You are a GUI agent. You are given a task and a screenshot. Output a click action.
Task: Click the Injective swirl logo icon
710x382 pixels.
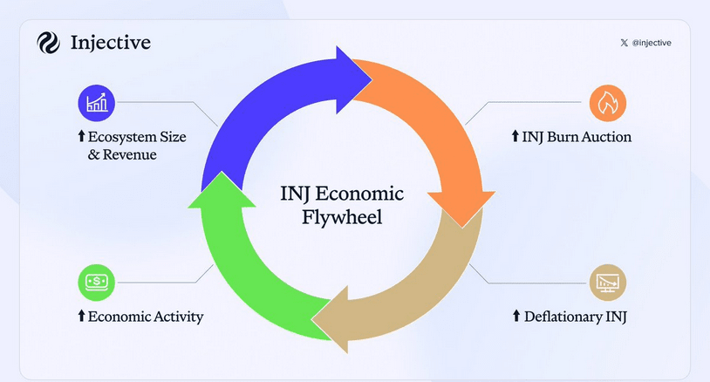click(x=47, y=43)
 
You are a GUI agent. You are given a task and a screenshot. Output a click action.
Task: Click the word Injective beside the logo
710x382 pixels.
click(x=111, y=43)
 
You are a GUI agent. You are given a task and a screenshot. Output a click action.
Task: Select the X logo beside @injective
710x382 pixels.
click(x=623, y=43)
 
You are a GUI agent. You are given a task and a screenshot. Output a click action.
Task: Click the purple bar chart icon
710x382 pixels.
click(x=96, y=103)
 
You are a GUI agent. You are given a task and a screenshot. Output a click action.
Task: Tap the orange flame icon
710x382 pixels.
click(x=608, y=103)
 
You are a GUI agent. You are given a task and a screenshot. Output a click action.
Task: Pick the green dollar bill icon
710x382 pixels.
click(x=96, y=282)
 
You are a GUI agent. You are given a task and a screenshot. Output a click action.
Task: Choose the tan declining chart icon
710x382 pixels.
click(x=608, y=282)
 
